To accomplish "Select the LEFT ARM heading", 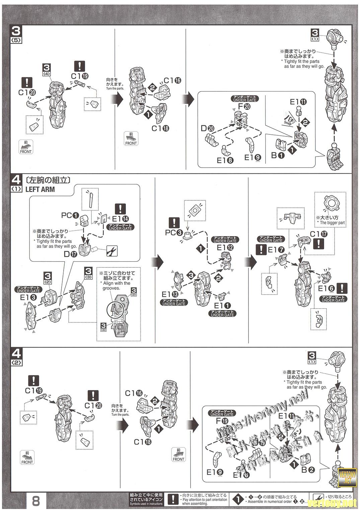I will (x=40, y=189).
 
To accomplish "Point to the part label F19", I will (x=222, y=421).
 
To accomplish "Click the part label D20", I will (x=208, y=128).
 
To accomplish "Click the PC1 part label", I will (x=70, y=215).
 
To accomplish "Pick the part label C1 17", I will (x=318, y=234).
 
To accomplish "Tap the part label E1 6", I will (x=327, y=289).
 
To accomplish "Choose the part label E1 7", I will (x=276, y=249).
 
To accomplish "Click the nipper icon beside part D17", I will (x=112, y=251).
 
